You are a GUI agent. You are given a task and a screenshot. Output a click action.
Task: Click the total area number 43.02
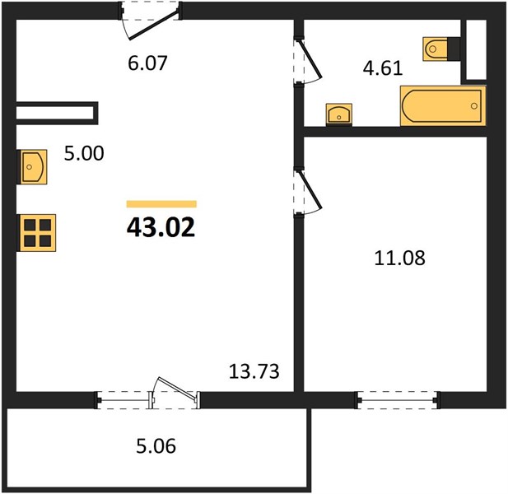point(161,227)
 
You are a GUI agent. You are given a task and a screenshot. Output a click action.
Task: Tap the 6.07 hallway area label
point(147,63)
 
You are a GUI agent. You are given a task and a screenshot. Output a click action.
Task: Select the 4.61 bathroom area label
point(383,68)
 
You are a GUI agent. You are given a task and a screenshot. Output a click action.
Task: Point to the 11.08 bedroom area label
point(399,259)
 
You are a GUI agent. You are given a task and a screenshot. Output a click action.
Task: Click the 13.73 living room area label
point(254,371)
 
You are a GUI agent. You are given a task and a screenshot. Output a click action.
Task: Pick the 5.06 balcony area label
point(156,446)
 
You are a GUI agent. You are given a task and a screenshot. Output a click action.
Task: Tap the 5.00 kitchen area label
point(84,153)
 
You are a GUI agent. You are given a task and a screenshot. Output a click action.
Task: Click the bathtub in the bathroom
point(443,106)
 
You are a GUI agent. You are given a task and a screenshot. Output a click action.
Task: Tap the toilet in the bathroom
point(440,49)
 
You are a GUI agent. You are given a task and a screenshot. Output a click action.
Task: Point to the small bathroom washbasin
point(339,114)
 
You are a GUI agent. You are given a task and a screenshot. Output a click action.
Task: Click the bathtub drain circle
point(474,106)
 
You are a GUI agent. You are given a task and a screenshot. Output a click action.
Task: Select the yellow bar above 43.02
point(161,203)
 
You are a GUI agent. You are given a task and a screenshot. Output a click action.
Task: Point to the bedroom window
point(398,400)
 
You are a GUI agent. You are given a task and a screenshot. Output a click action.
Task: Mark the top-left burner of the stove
point(30,225)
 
